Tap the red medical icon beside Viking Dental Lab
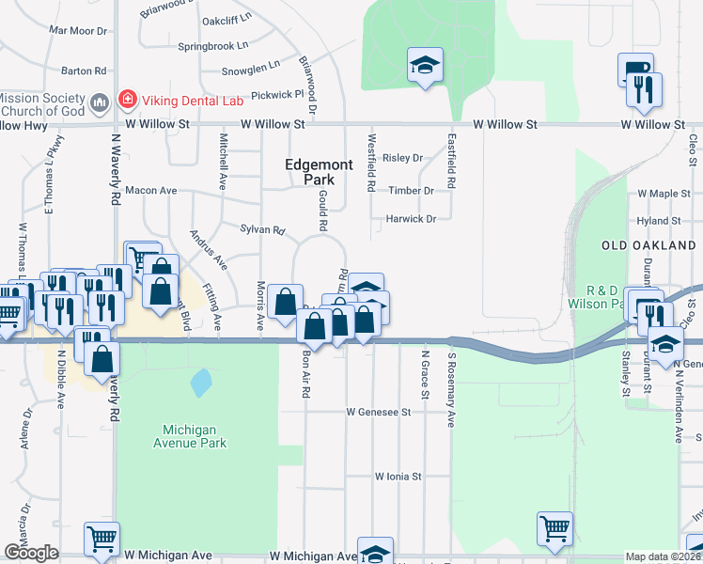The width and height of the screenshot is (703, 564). (x=126, y=100)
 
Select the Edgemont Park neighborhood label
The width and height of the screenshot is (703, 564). (x=320, y=172)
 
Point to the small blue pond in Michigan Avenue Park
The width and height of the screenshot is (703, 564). (x=200, y=383)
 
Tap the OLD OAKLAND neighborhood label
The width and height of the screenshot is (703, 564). (x=648, y=245)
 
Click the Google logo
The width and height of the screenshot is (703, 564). (x=31, y=553)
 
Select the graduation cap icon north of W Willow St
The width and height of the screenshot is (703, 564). (x=425, y=66)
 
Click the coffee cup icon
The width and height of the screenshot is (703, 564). (x=634, y=70)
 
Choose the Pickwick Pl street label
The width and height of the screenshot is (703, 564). (x=273, y=94)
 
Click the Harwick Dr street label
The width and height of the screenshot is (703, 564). (x=411, y=219)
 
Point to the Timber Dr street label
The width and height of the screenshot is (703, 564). (x=411, y=190)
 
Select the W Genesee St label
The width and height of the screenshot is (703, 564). (x=379, y=412)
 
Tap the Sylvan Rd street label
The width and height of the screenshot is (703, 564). (x=262, y=229)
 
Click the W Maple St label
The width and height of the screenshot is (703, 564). (x=664, y=194)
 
